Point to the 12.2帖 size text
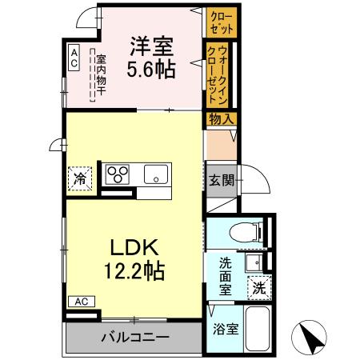[x=133, y=270]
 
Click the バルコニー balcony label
[x=134, y=337]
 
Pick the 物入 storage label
[x=221, y=118]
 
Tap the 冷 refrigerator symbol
[x=81, y=177]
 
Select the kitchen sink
[x=155, y=174]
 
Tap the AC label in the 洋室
[x=73, y=58]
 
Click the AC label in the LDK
[x=82, y=302]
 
